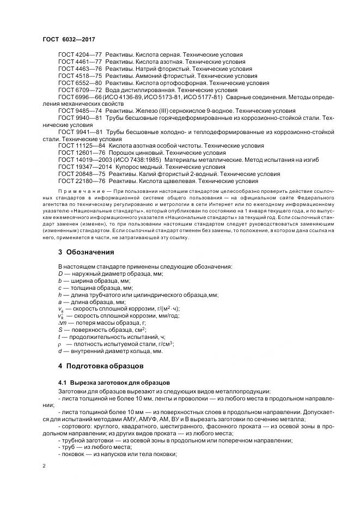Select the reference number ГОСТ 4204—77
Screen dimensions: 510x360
point(80,55)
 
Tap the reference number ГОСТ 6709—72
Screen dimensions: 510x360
point(80,90)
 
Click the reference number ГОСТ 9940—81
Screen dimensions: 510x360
point(80,118)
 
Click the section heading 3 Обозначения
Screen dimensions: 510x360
point(86,252)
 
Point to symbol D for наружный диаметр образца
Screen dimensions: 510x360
point(60,273)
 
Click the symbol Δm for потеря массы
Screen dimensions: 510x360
point(62,323)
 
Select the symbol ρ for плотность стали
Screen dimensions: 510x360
point(60,344)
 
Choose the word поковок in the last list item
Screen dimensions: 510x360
point(75,455)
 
